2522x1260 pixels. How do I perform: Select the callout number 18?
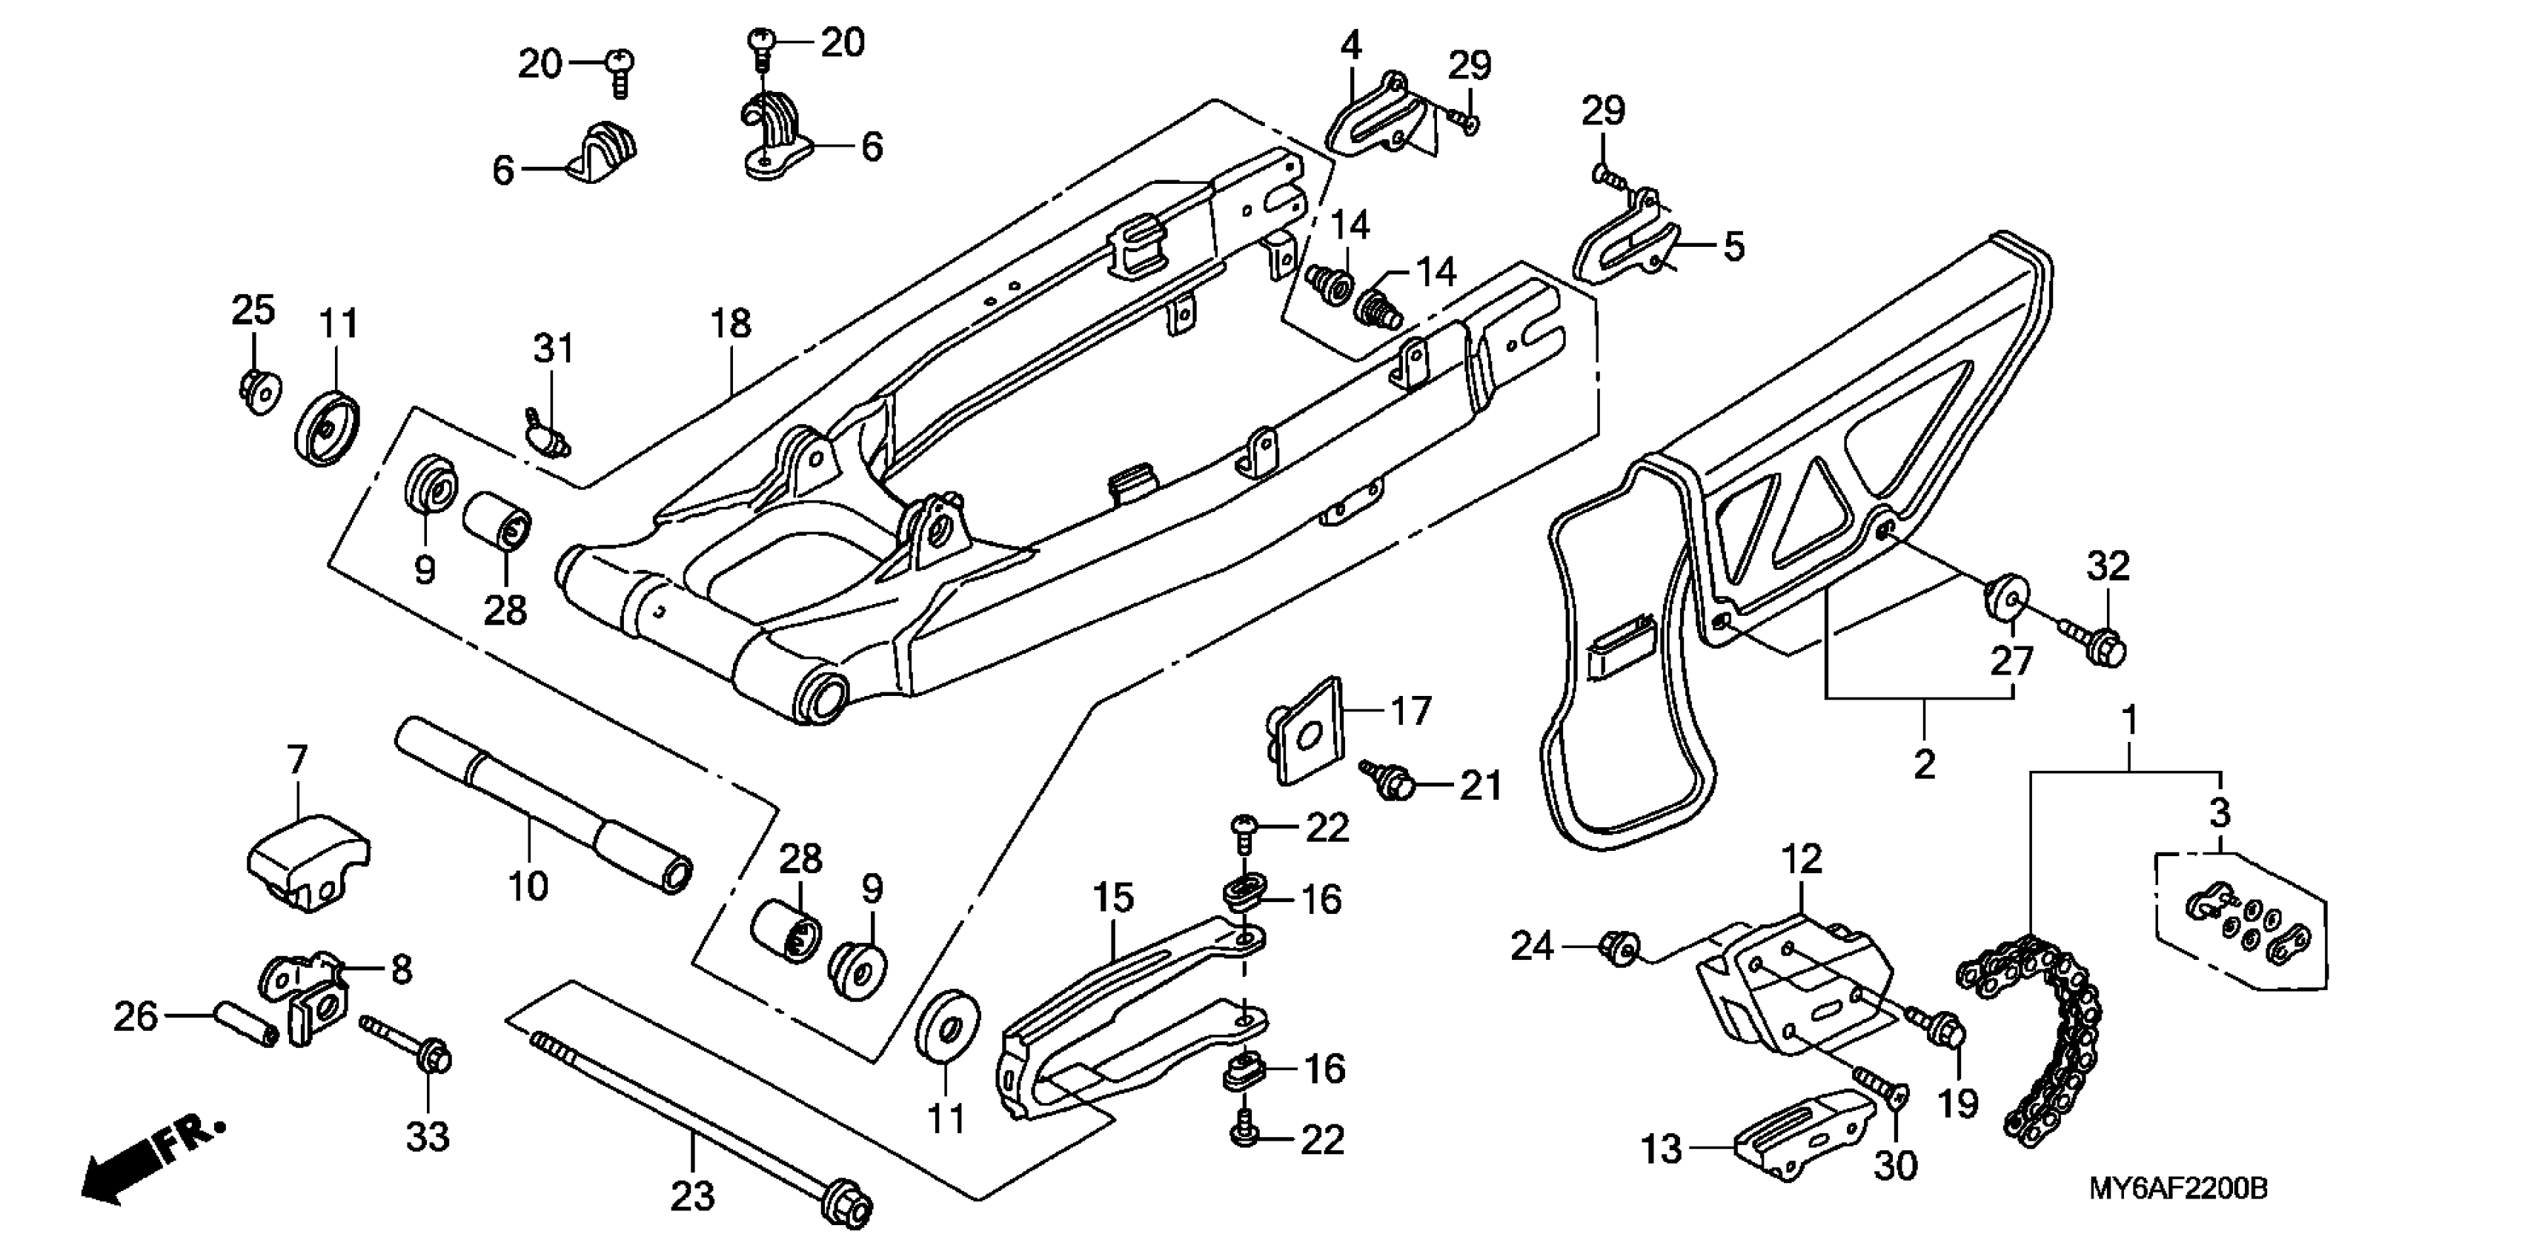[x=730, y=324]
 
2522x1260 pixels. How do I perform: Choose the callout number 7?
[x=296, y=759]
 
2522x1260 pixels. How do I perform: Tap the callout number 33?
[x=428, y=1137]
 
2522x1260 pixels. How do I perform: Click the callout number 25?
[x=253, y=311]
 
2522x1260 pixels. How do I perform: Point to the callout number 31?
[x=553, y=348]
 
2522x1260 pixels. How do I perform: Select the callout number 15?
[x=1113, y=898]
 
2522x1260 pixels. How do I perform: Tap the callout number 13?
[x=1662, y=1150]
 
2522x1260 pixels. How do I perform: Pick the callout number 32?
[x=2108, y=566]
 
